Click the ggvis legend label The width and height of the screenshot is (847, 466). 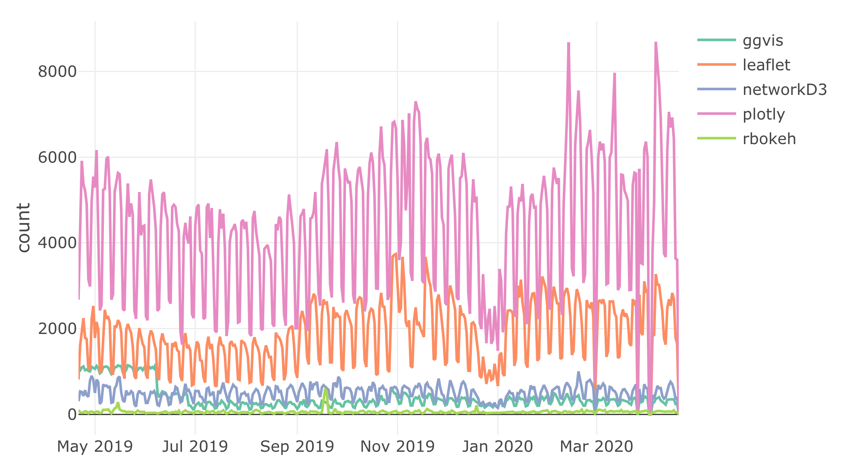pyautogui.click(x=762, y=41)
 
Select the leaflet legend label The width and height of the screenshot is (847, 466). pyautogui.click(x=766, y=65)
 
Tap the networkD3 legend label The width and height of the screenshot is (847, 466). pyautogui.click(x=784, y=90)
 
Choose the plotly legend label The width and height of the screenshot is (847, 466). pyautogui.click(x=764, y=114)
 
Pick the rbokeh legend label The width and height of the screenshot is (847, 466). pyautogui.click(x=769, y=139)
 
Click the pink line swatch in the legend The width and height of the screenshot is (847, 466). pyautogui.click(x=716, y=114)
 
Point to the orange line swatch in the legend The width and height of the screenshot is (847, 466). pyautogui.click(x=716, y=65)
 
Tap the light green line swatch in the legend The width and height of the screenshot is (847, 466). pyautogui.click(x=716, y=139)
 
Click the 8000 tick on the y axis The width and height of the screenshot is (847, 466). pyautogui.click(x=57, y=72)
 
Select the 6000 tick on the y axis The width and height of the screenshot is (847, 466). pyautogui.click(x=57, y=157)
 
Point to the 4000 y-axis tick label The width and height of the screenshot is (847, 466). pyautogui.click(x=57, y=243)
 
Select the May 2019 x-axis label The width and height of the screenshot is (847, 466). pyautogui.click(x=95, y=446)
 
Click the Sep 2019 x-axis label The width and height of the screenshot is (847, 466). pyautogui.click(x=297, y=446)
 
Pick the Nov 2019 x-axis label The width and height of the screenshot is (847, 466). pyautogui.click(x=397, y=446)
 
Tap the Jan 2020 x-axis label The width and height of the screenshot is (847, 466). pyautogui.click(x=498, y=446)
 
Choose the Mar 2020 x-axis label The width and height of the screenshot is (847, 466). pyautogui.click(x=596, y=446)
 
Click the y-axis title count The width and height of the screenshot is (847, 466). pyautogui.click(x=24, y=227)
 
